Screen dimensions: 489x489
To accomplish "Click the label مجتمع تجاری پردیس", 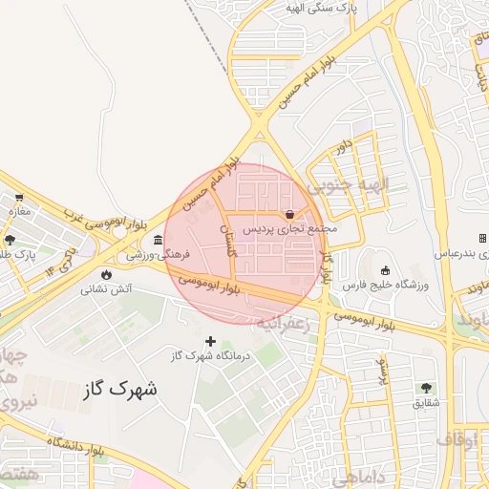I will (x=289, y=229).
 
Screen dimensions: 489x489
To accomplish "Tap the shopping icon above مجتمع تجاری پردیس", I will (x=289, y=214).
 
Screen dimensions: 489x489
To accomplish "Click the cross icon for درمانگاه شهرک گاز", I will (x=210, y=341).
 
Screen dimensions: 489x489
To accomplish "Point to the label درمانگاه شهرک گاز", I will (x=210, y=356).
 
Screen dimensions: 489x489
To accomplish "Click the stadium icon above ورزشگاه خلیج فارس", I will (x=386, y=269).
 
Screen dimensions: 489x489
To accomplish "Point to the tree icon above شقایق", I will (x=426, y=388).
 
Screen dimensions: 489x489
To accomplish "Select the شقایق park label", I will (x=426, y=403).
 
